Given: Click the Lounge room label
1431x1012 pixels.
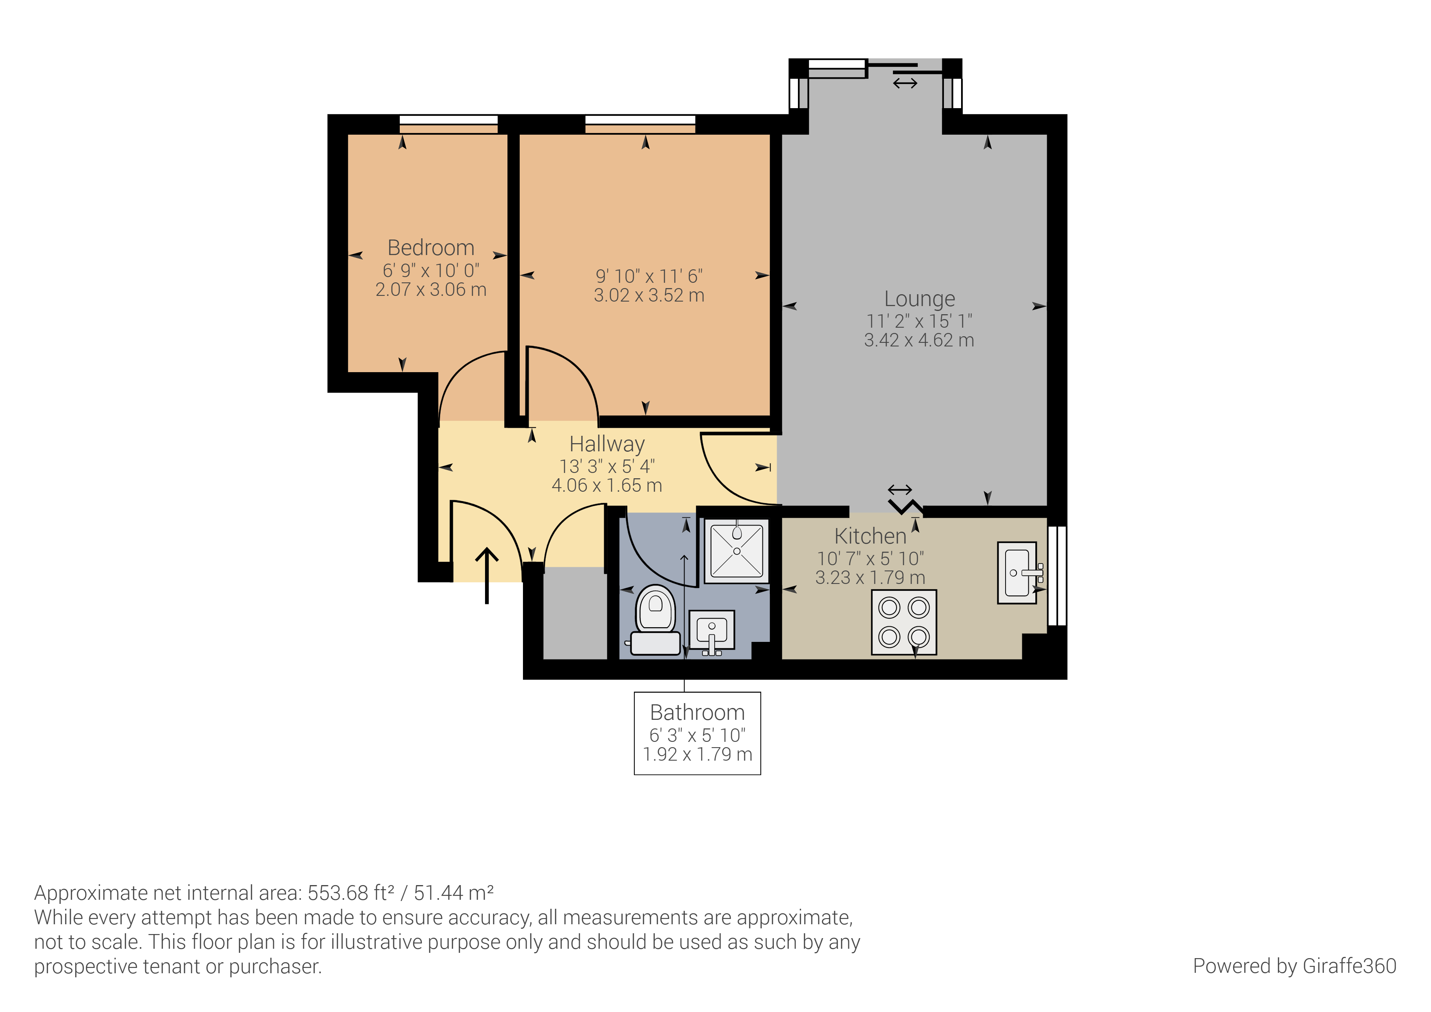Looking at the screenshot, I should [x=919, y=299].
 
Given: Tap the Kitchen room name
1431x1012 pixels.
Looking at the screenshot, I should [x=870, y=536].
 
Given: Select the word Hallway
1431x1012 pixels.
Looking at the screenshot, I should [x=607, y=444].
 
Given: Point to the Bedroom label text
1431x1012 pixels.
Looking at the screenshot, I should [x=431, y=248].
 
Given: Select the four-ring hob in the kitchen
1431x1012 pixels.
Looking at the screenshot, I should [x=904, y=622].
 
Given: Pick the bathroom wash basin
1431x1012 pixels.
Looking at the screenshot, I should [x=711, y=631].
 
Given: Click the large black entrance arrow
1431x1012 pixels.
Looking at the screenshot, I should [x=487, y=575].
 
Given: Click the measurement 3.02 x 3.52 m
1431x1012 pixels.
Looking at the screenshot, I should [x=649, y=295].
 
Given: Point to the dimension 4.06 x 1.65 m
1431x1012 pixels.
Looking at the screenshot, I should [x=607, y=486].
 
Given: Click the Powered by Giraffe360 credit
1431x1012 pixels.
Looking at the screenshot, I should [x=1294, y=966].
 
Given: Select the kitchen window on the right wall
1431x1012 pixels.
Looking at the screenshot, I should [x=1057, y=575].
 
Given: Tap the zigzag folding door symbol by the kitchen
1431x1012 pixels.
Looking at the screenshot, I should [x=906, y=506].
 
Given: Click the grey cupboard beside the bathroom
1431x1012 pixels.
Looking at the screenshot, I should [x=575, y=613].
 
